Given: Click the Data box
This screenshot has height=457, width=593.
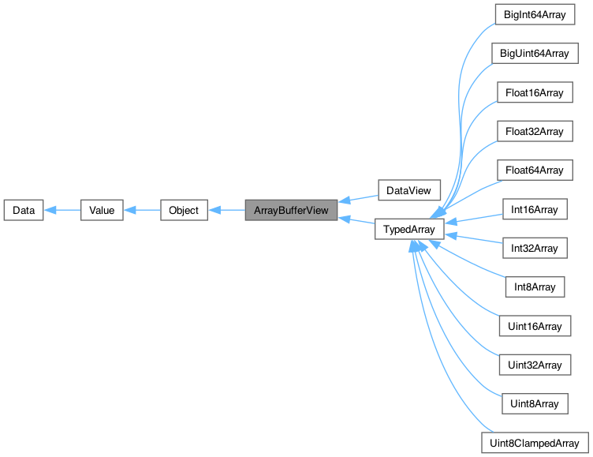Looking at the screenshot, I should (x=24, y=211).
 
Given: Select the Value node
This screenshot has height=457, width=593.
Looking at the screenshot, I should (x=102, y=211).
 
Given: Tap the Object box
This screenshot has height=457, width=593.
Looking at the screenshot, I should (x=184, y=211).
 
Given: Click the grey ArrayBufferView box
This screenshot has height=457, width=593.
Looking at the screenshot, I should (x=291, y=211).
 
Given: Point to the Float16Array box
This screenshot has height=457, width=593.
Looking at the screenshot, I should (x=534, y=92).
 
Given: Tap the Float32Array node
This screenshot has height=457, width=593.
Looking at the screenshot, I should (x=534, y=131).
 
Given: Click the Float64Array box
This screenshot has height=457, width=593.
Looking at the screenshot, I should (x=534, y=170).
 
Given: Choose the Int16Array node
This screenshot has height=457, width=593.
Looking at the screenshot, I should (x=534, y=209).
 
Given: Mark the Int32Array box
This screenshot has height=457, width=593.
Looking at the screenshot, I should (x=534, y=248).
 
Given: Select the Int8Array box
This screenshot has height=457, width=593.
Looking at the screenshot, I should (x=534, y=287).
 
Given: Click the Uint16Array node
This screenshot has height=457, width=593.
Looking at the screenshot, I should (x=534, y=326).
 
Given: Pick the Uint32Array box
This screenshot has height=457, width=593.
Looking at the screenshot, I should (x=534, y=365).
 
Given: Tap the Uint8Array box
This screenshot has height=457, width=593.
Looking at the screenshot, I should (x=534, y=403).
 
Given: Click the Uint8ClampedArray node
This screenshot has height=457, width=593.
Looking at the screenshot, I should (x=534, y=442).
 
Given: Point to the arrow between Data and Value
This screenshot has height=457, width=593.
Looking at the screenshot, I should (x=62, y=211).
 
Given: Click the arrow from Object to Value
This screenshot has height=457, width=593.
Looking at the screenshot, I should (x=142, y=211).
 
